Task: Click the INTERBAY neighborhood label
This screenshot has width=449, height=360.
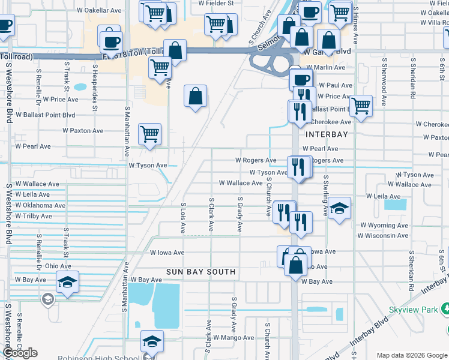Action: pos(327,134)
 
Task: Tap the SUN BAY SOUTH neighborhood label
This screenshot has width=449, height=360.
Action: pos(201,272)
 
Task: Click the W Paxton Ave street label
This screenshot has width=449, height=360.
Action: pos(83,131)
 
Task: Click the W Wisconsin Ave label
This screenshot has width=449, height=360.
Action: pos(383,236)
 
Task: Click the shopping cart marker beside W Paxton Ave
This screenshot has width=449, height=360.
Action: pos(149,134)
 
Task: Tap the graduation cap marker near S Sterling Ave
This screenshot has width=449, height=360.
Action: pos(339,208)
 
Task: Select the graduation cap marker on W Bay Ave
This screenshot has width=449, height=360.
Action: pos(67,281)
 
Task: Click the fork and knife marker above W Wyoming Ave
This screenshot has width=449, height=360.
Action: pos(301,221)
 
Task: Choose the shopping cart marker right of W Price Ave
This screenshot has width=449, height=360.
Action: pos(361,106)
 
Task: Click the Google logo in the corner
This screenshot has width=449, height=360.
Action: pos(20,353)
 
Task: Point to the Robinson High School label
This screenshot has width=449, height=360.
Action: pos(98,358)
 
